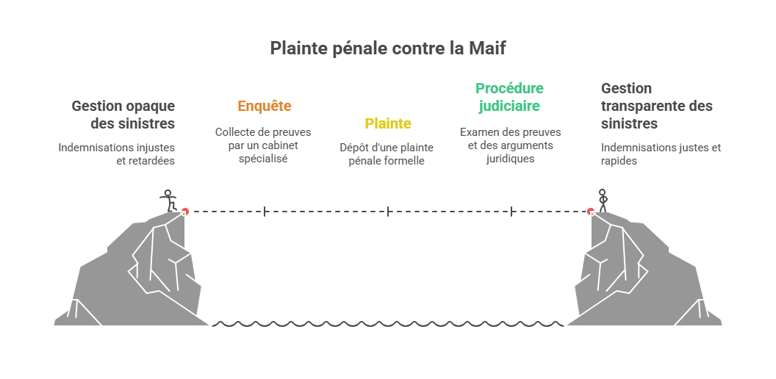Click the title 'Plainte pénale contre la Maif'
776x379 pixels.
click(388, 48)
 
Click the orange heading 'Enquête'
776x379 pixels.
click(265, 106)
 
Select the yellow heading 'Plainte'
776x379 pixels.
click(388, 123)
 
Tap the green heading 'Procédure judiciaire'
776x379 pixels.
click(509, 97)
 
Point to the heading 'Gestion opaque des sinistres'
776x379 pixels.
click(123, 115)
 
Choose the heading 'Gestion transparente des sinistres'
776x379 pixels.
click(657, 106)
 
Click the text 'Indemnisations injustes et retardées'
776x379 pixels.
click(117, 154)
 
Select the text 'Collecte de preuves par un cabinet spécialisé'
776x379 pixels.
click(263, 145)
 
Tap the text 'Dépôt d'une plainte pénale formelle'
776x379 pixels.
click(387, 154)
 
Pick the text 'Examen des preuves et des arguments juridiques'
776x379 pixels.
click(510, 145)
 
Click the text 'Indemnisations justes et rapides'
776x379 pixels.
click(661, 154)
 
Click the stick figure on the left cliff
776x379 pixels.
click(168, 201)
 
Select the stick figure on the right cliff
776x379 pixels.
click(603, 201)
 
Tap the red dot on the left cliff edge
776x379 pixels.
click(184, 212)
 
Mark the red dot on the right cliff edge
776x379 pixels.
click(591, 212)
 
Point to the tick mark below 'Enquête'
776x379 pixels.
click(265, 212)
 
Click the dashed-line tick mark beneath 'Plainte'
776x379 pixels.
click(388, 212)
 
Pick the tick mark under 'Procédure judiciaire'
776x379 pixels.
click(511, 212)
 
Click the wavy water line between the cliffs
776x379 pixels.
click(388, 324)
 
